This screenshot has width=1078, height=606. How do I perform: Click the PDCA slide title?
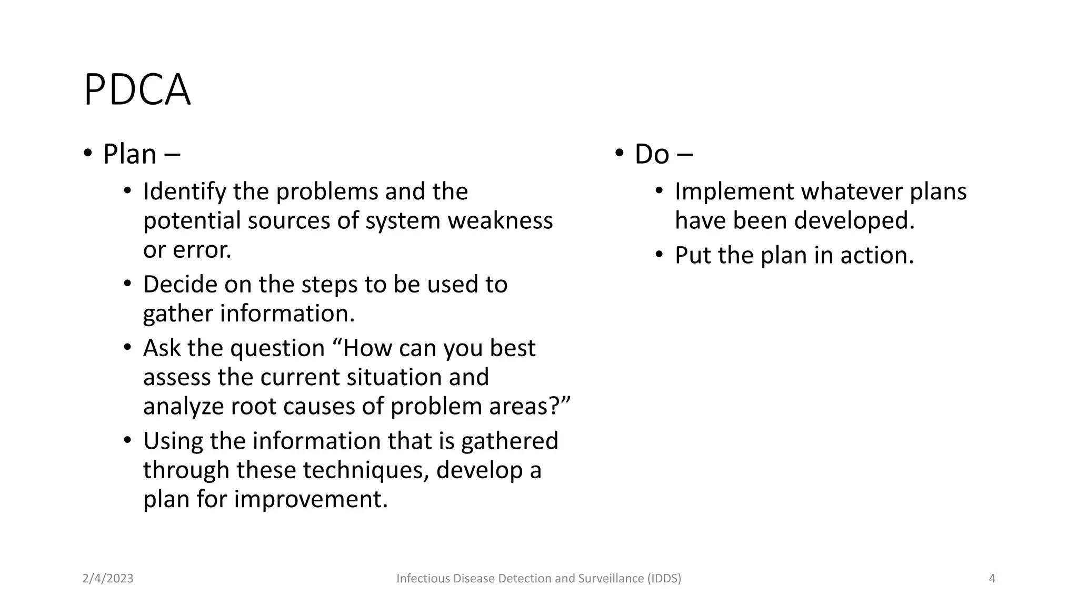[x=137, y=90]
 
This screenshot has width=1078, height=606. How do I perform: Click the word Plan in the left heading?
[x=129, y=155]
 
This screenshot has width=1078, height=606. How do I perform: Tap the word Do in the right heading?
[x=652, y=155]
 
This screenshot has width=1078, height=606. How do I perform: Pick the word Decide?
[x=179, y=285]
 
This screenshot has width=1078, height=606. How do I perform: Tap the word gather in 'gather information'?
[x=177, y=314]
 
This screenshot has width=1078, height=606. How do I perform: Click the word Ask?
[x=162, y=348]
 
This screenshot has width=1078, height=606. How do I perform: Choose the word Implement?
[x=734, y=192]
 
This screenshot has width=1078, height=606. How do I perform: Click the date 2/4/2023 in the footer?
[x=108, y=579]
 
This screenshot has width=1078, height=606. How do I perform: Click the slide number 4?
[x=992, y=579]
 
